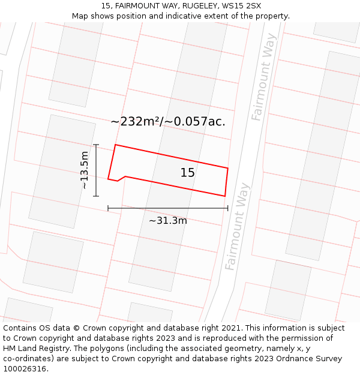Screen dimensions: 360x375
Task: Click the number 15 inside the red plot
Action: [x=187, y=173]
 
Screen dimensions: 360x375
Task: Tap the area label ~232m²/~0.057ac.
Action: [x=168, y=121]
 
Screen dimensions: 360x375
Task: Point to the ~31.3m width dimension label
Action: [x=168, y=220]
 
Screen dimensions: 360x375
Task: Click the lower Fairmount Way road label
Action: [x=237, y=226]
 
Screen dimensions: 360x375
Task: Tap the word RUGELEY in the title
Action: [x=197, y=6]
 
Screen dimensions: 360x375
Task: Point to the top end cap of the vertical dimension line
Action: [x=96, y=145]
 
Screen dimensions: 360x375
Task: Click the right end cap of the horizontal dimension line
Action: [x=228, y=208]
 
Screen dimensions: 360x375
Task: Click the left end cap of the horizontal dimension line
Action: [x=108, y=208]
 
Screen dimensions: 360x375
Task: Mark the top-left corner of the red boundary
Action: [x=115, y=145]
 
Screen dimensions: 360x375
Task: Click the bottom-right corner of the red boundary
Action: [x=225, y=196]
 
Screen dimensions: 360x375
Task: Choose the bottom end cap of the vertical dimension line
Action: [x=96, y=196]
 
